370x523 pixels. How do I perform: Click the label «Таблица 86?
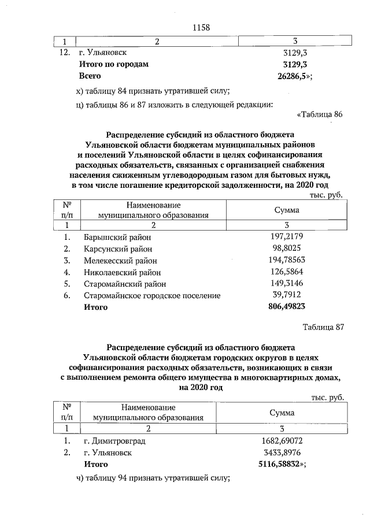pos(319,114)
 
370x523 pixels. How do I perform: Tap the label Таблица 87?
pos(323,327)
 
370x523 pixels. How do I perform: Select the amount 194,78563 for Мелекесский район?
pos(287,259)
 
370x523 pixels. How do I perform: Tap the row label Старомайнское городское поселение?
pos(152,295)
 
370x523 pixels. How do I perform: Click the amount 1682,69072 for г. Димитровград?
pos(282,441)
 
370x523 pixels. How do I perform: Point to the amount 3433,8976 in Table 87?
pos(282,452)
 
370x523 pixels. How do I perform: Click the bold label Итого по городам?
pos(113,64)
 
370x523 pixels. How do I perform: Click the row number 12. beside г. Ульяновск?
pos(65,53)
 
